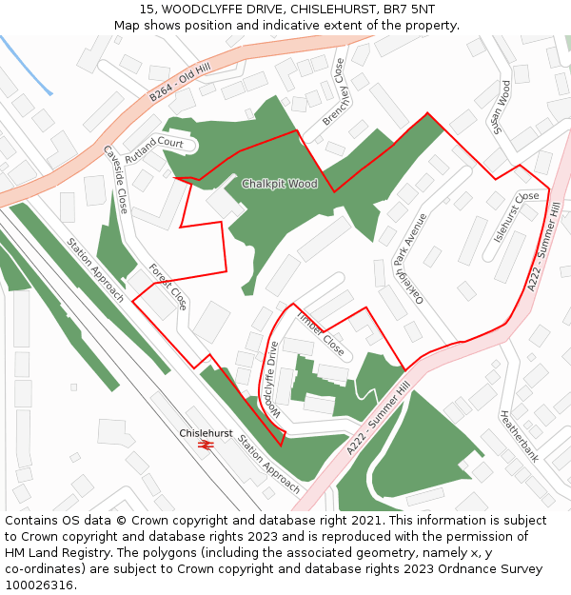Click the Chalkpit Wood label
coord(279,184)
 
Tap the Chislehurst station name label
coord(206,433)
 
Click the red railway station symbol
coord(206,445)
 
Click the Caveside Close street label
coord(115,179)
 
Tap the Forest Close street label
coord(167,288)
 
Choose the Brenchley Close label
coord(334,91)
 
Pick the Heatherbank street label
coord(520,436)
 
